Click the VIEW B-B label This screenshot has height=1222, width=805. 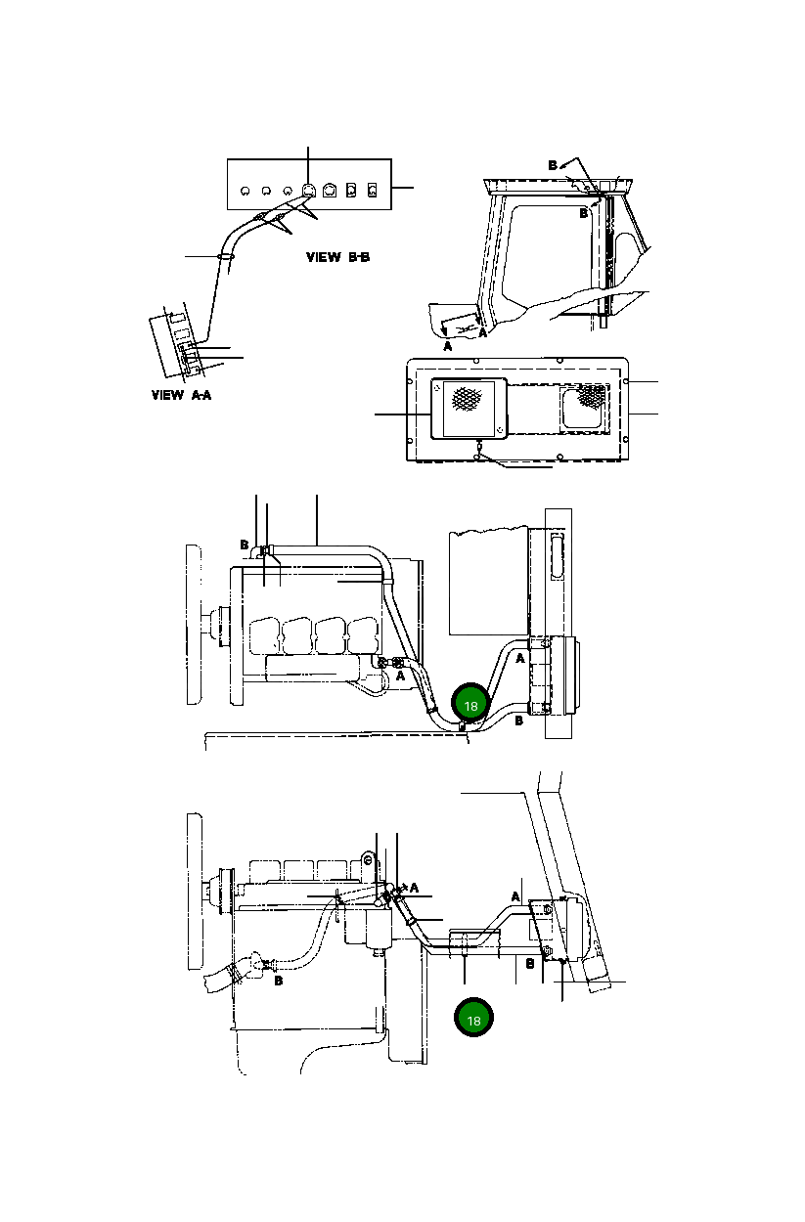[337, 258]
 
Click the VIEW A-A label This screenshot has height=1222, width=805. [182, 396]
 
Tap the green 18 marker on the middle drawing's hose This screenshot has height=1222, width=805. [470, 705]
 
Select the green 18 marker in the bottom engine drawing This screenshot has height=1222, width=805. [473, 1019]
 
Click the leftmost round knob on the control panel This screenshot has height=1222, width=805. [245, 190]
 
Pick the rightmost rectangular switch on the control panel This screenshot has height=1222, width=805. [372, 189]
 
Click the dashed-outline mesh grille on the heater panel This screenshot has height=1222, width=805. [589, 396]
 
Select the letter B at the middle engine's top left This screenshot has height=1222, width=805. [244, 545]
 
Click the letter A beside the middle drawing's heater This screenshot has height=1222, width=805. [521, 660]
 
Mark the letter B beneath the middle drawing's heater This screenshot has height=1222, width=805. [519, 721]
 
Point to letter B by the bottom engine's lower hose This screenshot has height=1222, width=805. [279, 981]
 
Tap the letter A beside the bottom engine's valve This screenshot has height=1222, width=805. [414, 888]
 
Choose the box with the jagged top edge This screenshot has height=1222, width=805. [486, 581]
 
